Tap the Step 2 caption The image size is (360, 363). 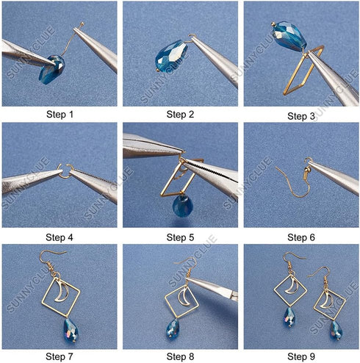(180, 115)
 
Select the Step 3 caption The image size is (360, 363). (301, 116)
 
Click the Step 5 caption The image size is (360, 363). (180, 237)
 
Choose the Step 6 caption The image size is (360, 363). (301, 237)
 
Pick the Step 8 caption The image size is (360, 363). (180, 357)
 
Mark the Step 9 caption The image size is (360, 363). (301, 357)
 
